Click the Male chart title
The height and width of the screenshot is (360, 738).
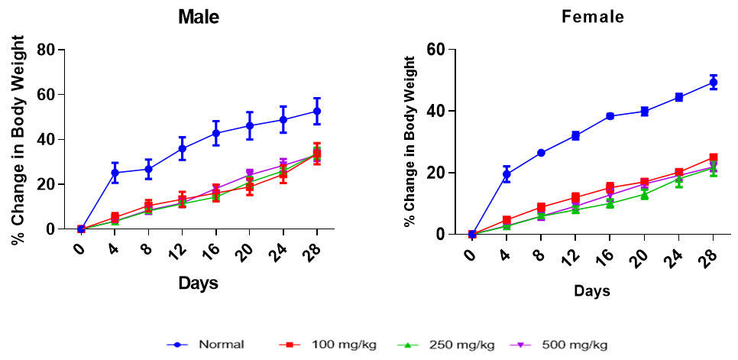[x=199, y=17]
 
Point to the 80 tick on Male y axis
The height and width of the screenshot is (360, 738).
[x=47, y=50]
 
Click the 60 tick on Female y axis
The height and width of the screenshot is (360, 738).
[x=440, y=50]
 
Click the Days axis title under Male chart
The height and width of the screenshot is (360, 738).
[x=199, y=284]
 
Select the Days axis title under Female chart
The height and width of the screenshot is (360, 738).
[x=592, y=290]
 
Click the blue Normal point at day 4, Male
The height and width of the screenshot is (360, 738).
[x=115, y=173]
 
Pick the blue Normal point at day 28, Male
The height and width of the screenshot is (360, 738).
[x=317, y=111]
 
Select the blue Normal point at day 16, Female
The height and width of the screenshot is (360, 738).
[x=610, y=116]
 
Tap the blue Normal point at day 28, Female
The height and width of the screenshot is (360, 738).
[x=713, y=83]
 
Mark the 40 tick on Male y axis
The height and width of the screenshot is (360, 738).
[x=47, y=139]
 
